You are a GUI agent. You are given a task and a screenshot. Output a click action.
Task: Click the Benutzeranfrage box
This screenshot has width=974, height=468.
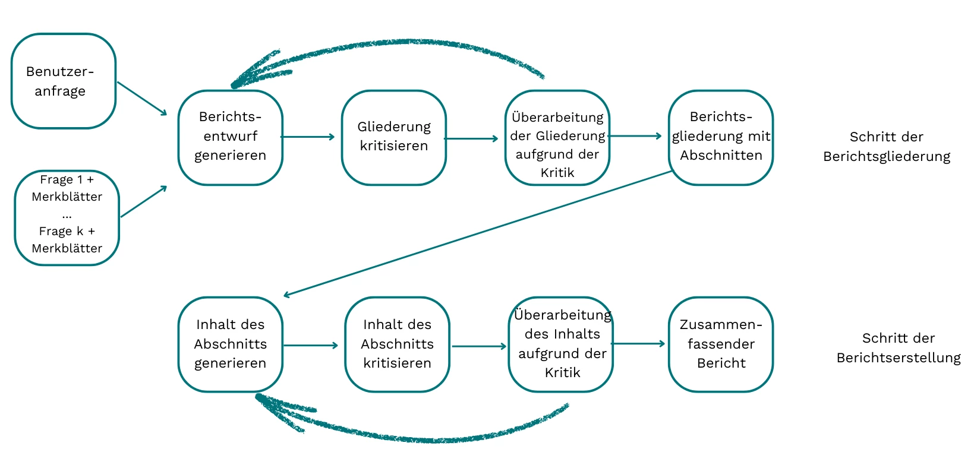pyautogui.click(x=63, y=81)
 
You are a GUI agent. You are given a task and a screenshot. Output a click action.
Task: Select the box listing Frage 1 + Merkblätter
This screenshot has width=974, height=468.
pyautogui.click(x=67, y=217)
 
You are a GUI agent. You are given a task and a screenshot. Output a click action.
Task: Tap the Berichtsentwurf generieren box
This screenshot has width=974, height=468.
pyautogui.click(x=230, y=137)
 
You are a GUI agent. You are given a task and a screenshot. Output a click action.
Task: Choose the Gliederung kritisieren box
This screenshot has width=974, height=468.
pyautogui.click(x=393, y=137)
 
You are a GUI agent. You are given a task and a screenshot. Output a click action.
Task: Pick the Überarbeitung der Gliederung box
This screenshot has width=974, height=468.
pyautogui.click(x=557, y=137)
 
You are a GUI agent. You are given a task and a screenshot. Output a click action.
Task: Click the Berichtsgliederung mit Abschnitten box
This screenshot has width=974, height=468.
pyautogui.click(x=720, y=137)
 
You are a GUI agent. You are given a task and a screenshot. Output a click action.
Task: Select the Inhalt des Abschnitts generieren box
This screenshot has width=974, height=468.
pyautogui.click(x=230, y=344)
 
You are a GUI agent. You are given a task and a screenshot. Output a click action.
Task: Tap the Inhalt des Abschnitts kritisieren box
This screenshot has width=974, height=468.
pyautogui.click(x=397, y=344)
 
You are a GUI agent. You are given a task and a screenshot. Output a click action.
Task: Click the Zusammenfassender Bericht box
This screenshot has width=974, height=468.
pyautogui.click(x=720, y=344)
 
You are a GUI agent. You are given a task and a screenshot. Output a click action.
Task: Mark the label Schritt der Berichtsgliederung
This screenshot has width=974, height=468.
pyautogui.click(x=886, y=147)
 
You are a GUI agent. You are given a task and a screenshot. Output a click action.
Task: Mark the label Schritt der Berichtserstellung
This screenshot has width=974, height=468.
pyautogui.click(x=898, y=348)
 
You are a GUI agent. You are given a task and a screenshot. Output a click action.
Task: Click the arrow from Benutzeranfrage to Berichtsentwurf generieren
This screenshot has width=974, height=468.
pyautogui.click(x=142, y=99)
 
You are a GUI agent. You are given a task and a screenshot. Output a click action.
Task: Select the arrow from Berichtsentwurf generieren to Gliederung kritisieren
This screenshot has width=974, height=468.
pyautogui.click(x=308, y=137)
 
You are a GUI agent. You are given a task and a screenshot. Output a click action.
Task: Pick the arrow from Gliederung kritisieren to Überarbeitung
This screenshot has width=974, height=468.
pyautogui.click(x=471, y=139)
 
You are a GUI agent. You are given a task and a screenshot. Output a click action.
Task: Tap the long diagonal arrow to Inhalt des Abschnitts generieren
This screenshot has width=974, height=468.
pyautogui.click(x=475, y=233)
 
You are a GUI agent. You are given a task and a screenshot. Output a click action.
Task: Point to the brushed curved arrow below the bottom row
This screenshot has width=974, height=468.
pyautogui.click(x=416, y=438)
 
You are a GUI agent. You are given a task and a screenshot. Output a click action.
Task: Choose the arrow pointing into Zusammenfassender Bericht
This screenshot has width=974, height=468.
pyautogui.click(x=638, y=344)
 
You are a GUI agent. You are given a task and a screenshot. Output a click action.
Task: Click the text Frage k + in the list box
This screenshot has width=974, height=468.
pyautogui.click(x=67, y=231)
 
